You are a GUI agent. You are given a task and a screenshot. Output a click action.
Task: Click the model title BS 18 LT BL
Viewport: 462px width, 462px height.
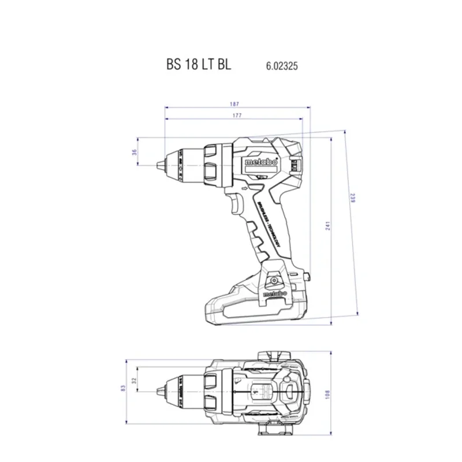198,65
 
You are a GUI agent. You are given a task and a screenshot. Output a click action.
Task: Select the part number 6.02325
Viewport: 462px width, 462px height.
282,66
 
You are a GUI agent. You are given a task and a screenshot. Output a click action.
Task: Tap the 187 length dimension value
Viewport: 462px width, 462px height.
234,104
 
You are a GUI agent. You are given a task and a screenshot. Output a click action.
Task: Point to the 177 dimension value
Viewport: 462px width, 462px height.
234,116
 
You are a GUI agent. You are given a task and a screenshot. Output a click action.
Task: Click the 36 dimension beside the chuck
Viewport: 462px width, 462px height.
134,152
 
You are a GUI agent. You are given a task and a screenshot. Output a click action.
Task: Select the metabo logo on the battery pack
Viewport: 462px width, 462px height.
275,294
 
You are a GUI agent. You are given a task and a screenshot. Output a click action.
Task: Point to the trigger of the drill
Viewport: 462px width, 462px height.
237,205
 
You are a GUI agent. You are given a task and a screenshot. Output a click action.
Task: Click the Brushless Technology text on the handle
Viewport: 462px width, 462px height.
268,225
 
